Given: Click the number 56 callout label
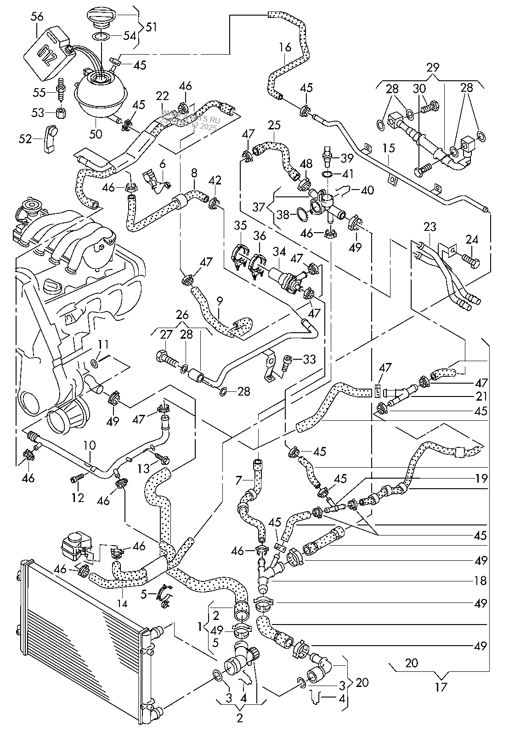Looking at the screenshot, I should pos(37,17).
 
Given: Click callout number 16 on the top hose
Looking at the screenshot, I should pos(285,48).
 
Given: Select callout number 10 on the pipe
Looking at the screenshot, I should pos(89,445).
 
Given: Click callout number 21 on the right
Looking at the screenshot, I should pos(481,396).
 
